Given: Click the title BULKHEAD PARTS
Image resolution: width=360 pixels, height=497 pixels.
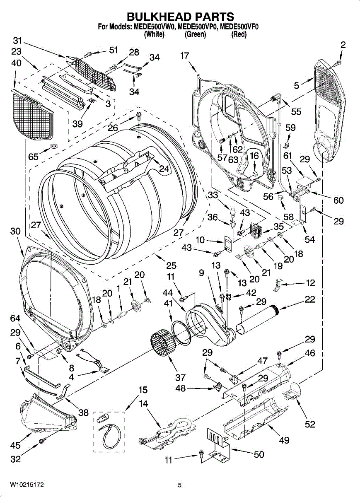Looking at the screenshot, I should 180,17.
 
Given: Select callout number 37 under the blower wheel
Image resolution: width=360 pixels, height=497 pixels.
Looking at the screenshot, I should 180,377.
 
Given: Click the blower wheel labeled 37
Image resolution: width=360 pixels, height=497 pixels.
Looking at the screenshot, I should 162,343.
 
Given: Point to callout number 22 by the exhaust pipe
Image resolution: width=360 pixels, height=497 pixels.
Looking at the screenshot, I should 309,299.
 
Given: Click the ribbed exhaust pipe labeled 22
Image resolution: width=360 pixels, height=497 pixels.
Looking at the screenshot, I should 259,319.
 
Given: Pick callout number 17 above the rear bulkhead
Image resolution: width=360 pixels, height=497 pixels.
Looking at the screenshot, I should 184,55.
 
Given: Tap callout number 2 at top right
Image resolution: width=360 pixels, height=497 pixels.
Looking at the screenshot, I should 343,45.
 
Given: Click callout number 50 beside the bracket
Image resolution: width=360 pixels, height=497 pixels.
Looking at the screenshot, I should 259,454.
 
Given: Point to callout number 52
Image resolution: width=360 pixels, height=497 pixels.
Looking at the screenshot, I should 310,424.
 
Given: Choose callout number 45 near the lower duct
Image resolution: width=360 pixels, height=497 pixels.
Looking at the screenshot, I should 15,445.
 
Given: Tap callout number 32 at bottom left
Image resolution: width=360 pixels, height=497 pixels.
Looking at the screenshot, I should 15,459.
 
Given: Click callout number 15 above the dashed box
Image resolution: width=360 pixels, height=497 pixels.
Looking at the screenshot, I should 143,390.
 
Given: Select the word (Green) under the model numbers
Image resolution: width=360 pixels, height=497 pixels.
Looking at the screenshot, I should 195,35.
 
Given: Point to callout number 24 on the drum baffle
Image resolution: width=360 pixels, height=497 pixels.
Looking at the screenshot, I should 164,169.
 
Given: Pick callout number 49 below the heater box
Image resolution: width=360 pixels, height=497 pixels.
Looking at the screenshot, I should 284,440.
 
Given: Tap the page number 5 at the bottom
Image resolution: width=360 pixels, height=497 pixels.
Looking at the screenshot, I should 179,485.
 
